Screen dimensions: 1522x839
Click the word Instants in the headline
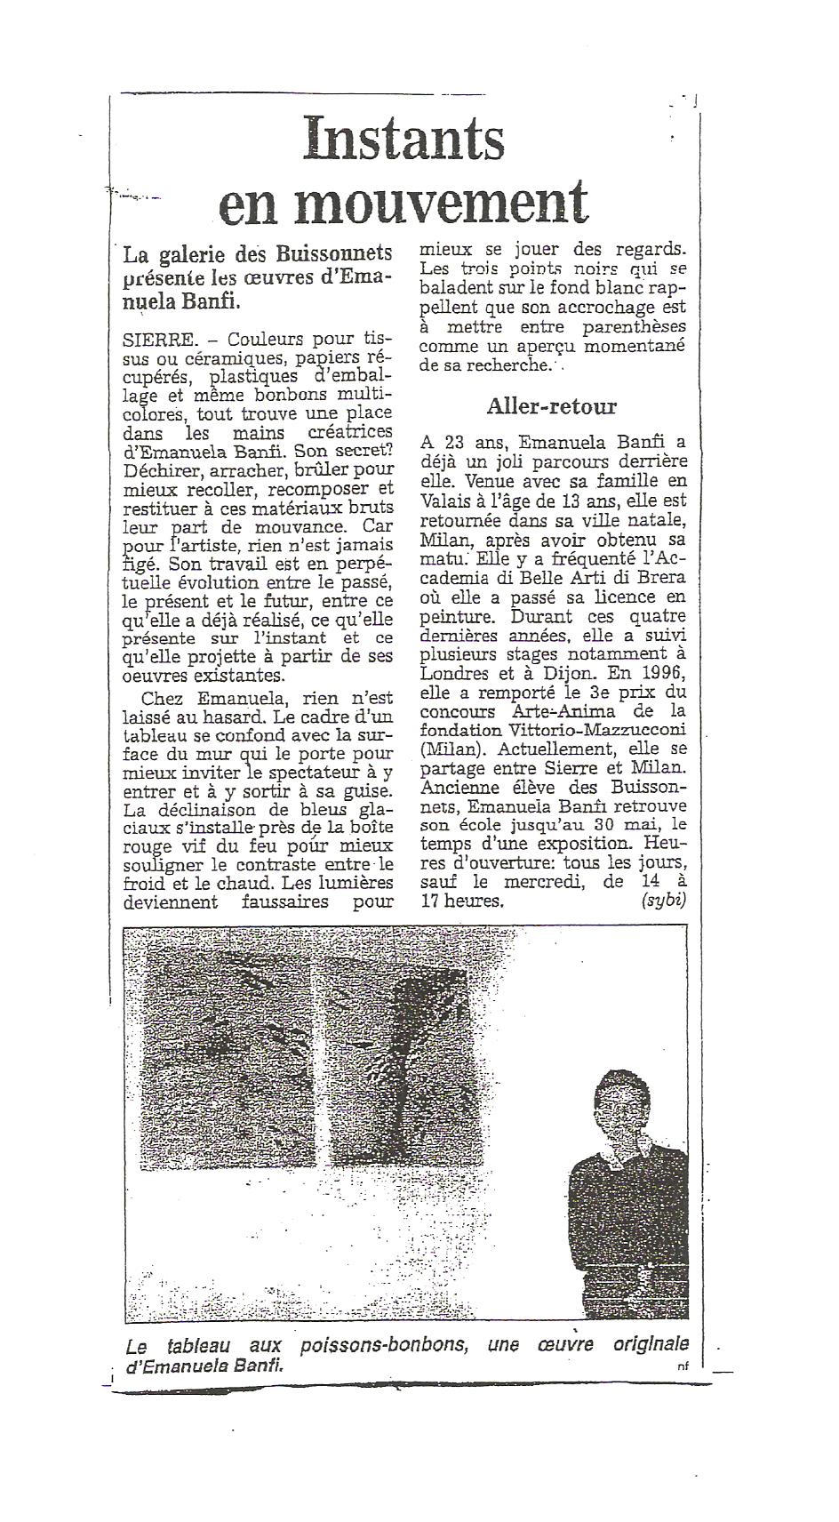click(x=404, y=140)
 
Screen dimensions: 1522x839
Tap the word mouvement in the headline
click(x=441, y=204)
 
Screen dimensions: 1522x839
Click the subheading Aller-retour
click(x=551, y=406)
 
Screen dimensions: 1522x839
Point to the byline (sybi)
click(x=662, y=901)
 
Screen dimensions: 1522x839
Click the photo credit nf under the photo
click(x=682, y=1368)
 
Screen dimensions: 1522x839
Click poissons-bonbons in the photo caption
click(x=382, y=1345)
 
